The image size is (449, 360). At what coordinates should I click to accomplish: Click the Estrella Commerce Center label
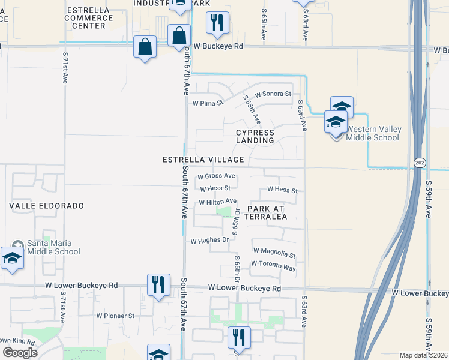[90, 18]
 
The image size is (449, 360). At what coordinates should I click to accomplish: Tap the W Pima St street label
[208, 103]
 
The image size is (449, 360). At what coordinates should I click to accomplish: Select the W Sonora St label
[273, 94]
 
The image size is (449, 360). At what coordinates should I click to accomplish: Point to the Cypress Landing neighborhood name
[255, 136]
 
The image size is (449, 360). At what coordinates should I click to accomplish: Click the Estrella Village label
[203, 160]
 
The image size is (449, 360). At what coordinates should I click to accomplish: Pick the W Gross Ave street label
[216, 176]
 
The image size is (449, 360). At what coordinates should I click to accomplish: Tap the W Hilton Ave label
[218, 202]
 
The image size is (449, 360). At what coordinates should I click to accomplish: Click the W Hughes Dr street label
[210, 241]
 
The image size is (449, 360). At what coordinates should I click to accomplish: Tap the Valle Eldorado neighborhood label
[46, 205]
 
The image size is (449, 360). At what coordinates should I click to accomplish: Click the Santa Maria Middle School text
[53, 247]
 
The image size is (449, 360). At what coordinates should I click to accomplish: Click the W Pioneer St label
[115, 315]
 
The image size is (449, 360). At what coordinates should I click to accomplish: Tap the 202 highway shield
[418, 163]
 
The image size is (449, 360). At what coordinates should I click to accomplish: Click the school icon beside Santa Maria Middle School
[12, 259]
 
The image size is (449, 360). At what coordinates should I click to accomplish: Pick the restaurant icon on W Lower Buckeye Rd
[158, 284]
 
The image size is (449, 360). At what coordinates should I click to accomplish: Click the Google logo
[20, 353]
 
